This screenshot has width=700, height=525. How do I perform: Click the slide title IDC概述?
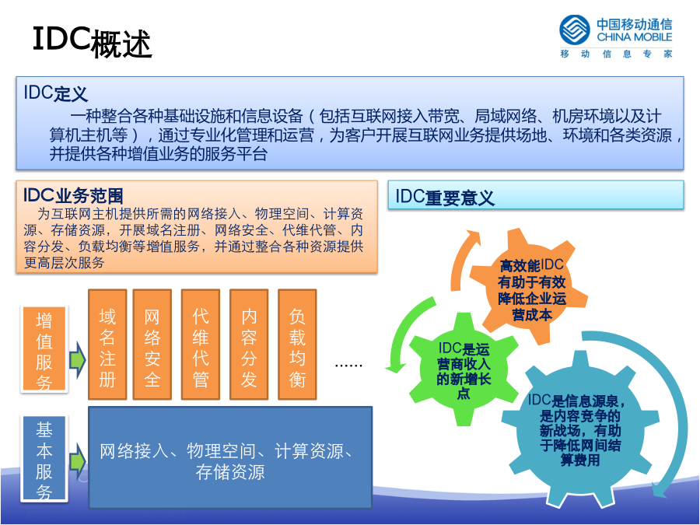(x=93, y=43)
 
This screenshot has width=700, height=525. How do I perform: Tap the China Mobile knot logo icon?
(x=575, y=30)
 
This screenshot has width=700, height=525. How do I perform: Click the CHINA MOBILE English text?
(x=634, y=37)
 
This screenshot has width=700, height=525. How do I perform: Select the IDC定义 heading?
(x=55, y=93)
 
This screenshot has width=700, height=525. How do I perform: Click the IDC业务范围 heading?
(x=73, y=195)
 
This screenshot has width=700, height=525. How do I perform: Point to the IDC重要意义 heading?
(x=445, y=198)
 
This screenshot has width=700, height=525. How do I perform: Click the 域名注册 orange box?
(x=107, y=345)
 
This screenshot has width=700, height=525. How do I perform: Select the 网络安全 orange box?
(x=152, y=345)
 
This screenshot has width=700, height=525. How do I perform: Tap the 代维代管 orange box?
(x=201, y=345)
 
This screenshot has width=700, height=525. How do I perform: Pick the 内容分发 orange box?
(x=249, y=345)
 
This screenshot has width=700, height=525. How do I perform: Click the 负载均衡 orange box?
(x=297, y=345)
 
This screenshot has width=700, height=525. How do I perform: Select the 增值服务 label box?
(x=44, y=349)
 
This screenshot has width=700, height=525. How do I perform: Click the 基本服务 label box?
(x=44, y=459)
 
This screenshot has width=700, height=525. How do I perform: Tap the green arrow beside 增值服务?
(x=77, y=360)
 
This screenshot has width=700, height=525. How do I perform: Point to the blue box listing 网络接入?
(x=230, y=457)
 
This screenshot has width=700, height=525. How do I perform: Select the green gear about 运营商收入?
(x=464, y=369)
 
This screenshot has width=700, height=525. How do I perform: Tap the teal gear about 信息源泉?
(x=580, y=429)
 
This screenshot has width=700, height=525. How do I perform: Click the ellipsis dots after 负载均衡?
(x=348, y=366)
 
